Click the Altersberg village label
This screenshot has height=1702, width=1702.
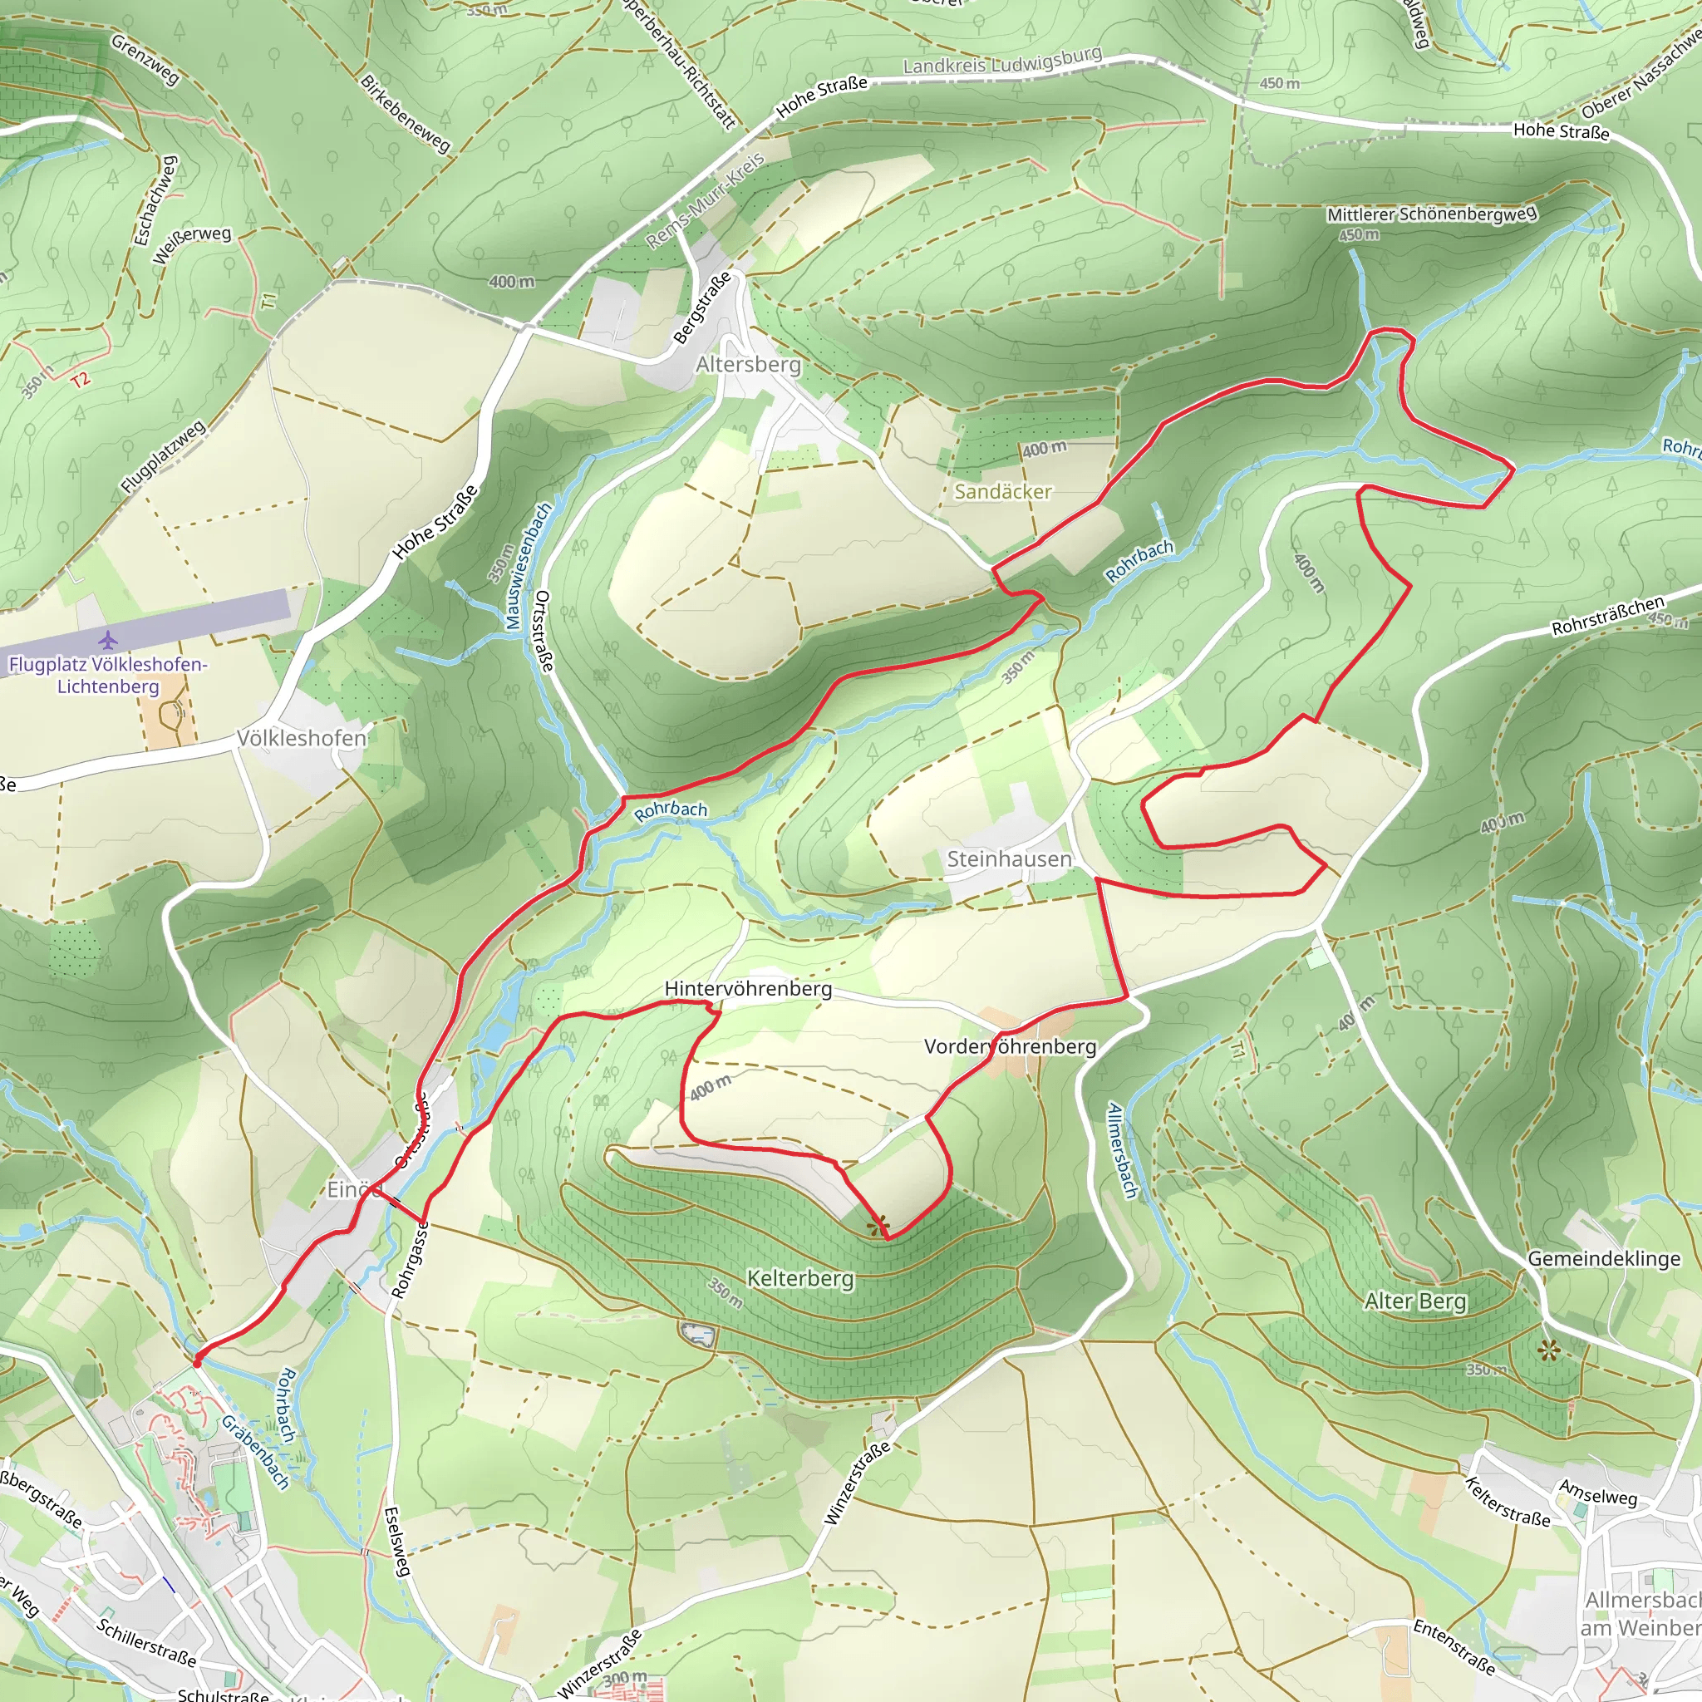(748, 364)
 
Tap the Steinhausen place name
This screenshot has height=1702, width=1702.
(1009, 859)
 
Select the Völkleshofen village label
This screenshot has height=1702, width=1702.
(302, 738)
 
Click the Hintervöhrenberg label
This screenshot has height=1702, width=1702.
(748, 988)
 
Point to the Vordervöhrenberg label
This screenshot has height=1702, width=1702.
(1010, 1046)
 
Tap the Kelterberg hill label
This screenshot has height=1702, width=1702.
(800, 1278)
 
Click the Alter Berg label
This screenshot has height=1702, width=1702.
(1414, 1301)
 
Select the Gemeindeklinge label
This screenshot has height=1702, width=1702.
(1603, 1259)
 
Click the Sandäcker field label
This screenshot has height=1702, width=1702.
(1002, 492)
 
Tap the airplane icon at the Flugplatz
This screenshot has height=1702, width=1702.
(108, 640)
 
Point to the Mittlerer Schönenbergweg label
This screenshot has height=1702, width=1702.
(1432, 214)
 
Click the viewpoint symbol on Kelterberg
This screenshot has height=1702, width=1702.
(877, 1226)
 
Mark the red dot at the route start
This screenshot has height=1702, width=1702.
(196, 1362)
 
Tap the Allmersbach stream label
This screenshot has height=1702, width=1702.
(1121, 1149)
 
